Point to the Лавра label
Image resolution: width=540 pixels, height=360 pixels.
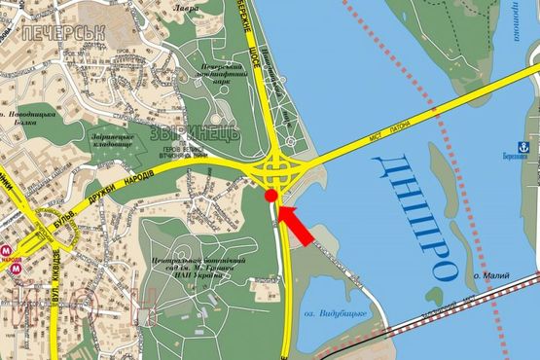(x=186, y=8)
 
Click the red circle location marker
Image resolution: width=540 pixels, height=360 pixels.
(x=271, y=198)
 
